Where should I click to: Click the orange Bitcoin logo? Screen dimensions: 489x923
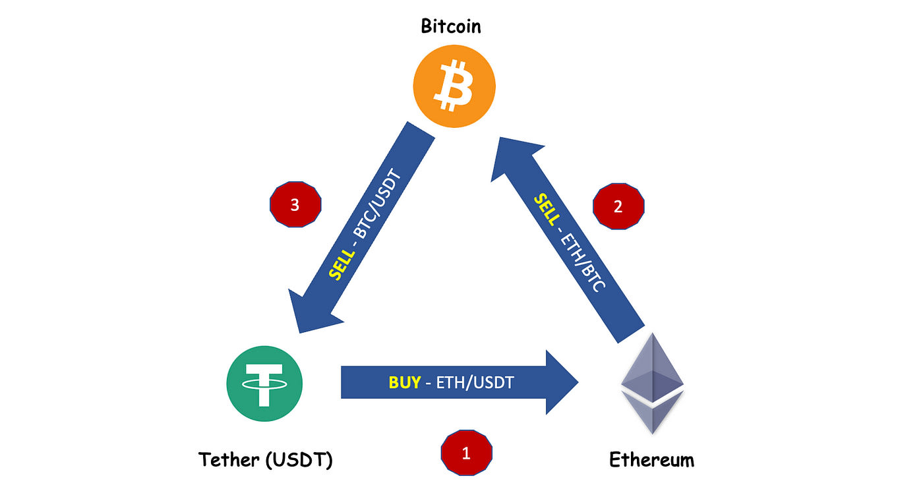(454, 87)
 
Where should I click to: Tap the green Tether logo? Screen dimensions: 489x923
(264, 385)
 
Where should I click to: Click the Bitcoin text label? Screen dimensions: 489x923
(451, 26)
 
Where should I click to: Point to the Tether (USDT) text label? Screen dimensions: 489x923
(266, 459)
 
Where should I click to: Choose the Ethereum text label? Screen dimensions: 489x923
(651, 459)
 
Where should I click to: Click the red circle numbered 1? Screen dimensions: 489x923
(466, 453)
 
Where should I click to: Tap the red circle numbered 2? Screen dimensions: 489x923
(618, 206)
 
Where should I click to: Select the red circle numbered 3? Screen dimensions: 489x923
(295, 205)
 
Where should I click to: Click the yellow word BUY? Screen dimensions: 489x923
(404, 382)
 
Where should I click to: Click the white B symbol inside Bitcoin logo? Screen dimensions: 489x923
(454, 87)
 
